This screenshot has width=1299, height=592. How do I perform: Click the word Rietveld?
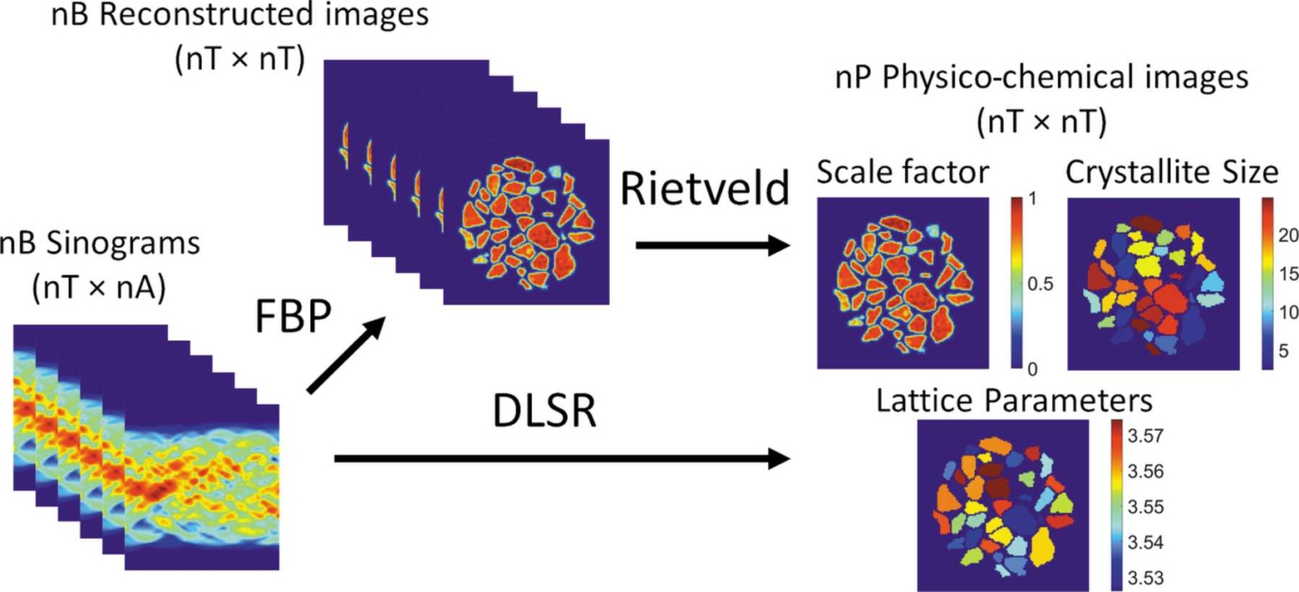click(x=704, y=191)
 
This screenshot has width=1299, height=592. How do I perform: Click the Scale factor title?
click(x=903, y=173)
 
